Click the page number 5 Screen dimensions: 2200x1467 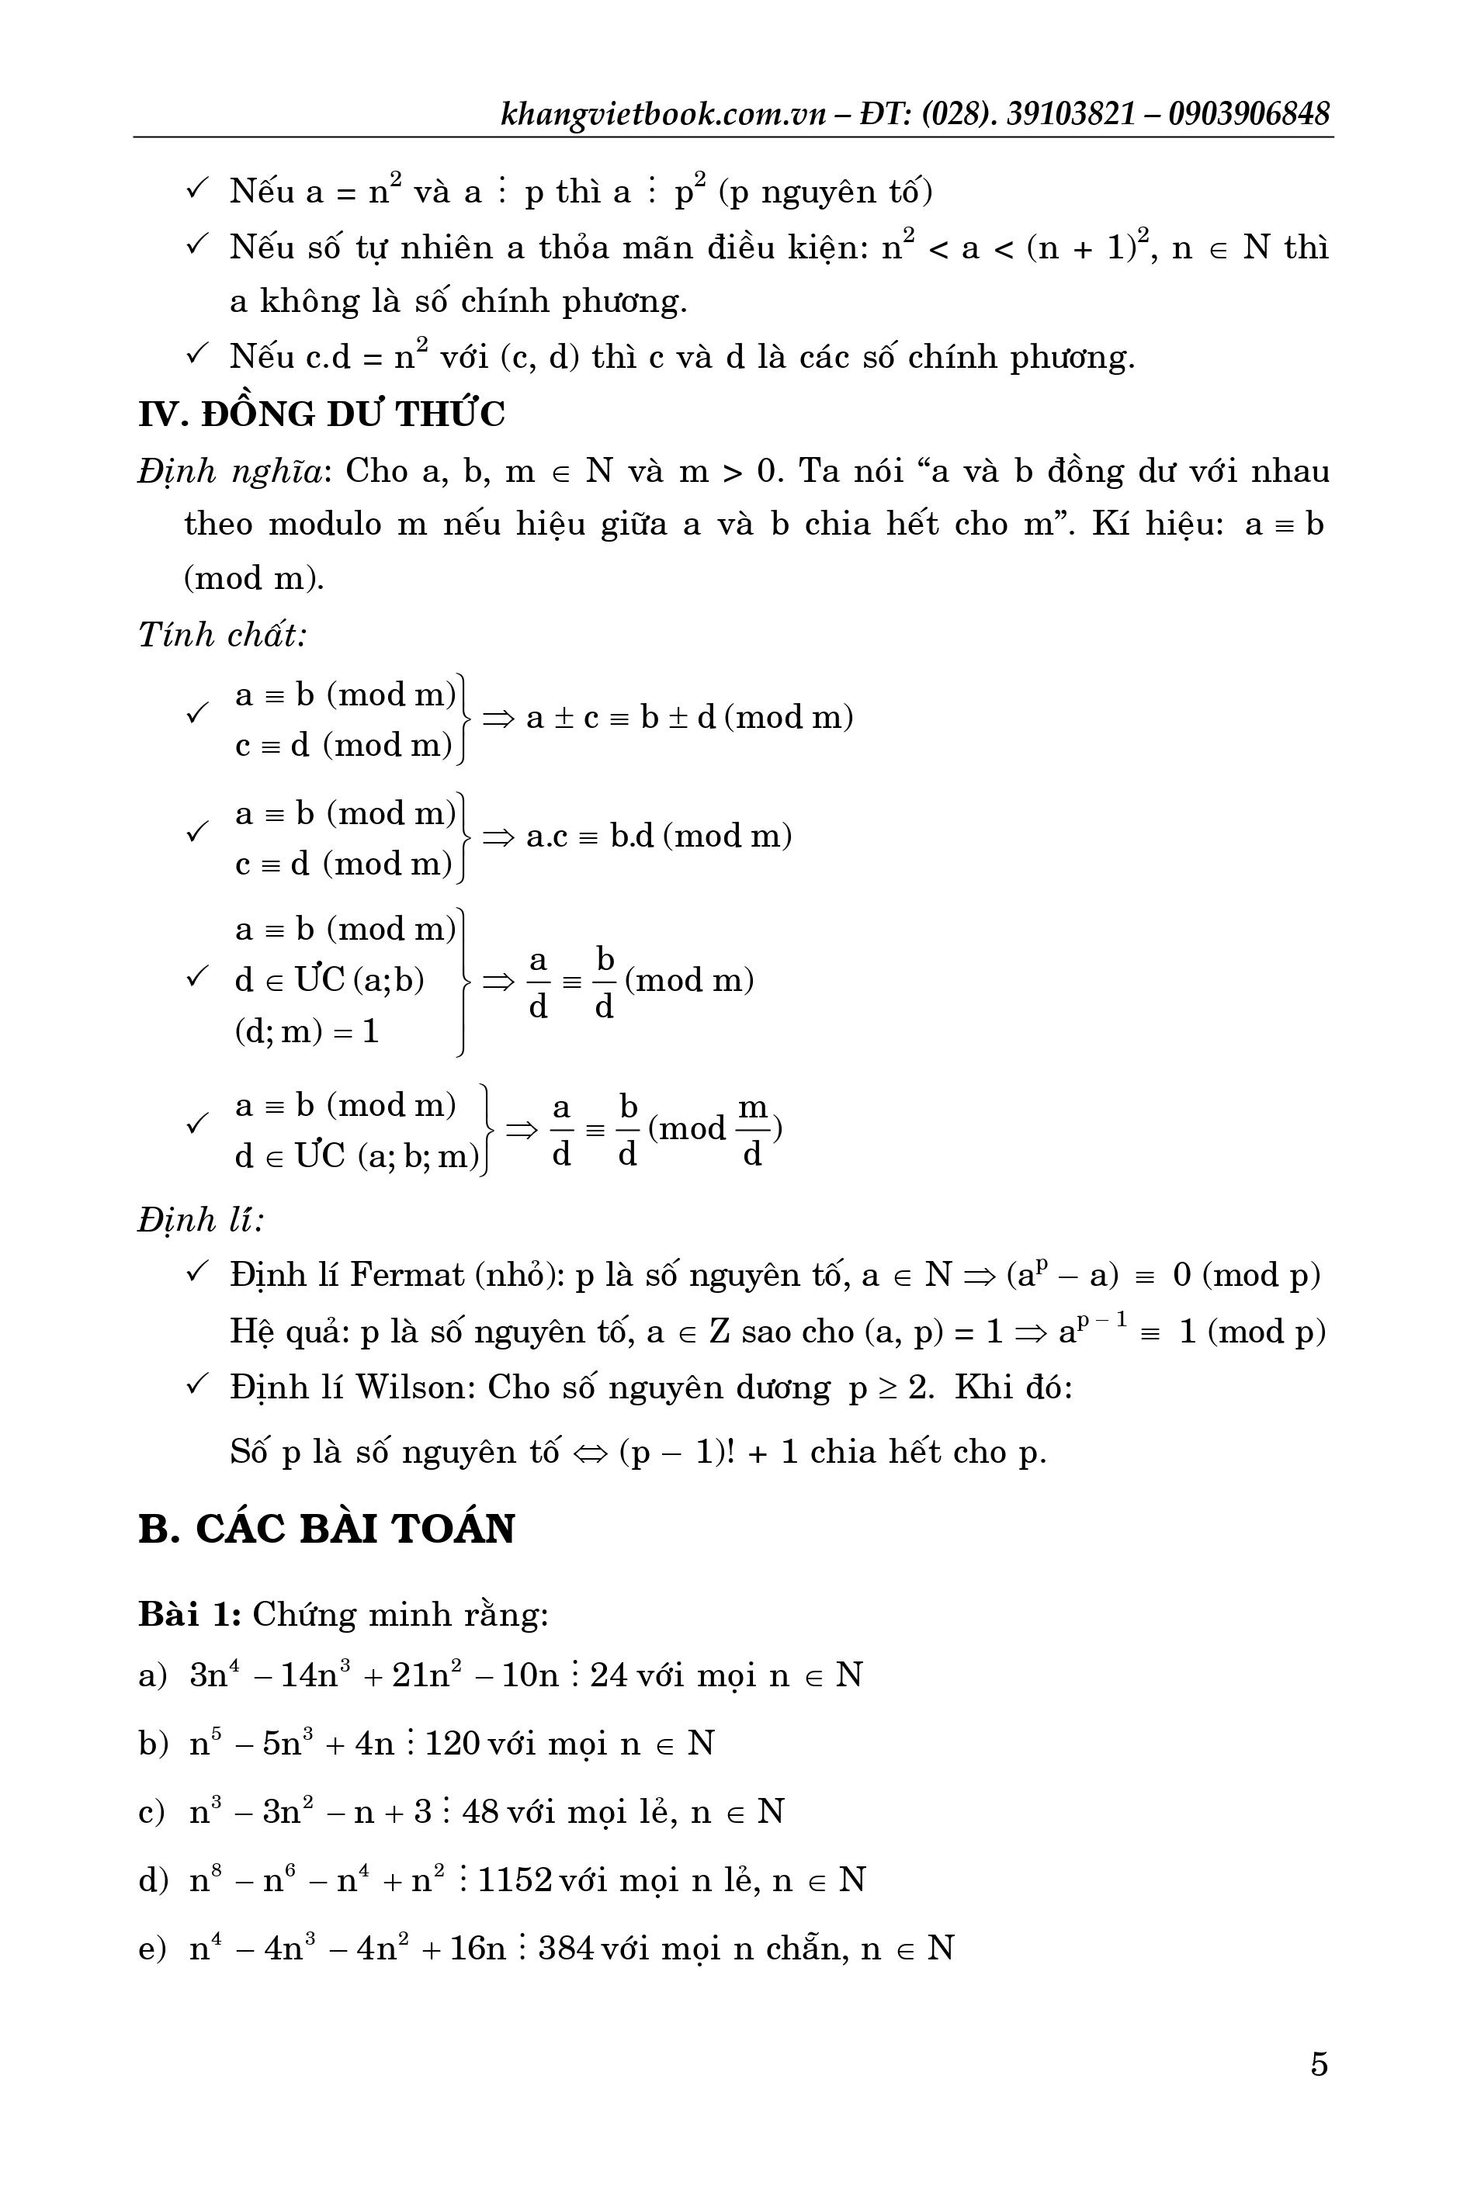pos(1318,2063)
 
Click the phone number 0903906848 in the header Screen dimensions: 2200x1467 pos(1248,114)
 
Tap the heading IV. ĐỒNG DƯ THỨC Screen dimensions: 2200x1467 pos(322,414)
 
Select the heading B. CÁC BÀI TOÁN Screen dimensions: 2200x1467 pos(327,1529)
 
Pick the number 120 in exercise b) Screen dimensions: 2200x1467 pos(452,1743)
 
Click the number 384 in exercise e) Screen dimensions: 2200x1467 pos(567,1949)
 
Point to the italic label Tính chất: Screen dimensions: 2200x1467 pos(223,634)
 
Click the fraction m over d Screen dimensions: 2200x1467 pos(752,1131)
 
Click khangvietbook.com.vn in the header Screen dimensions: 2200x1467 pos(664,114)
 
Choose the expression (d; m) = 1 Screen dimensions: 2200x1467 pos(306,1031)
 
